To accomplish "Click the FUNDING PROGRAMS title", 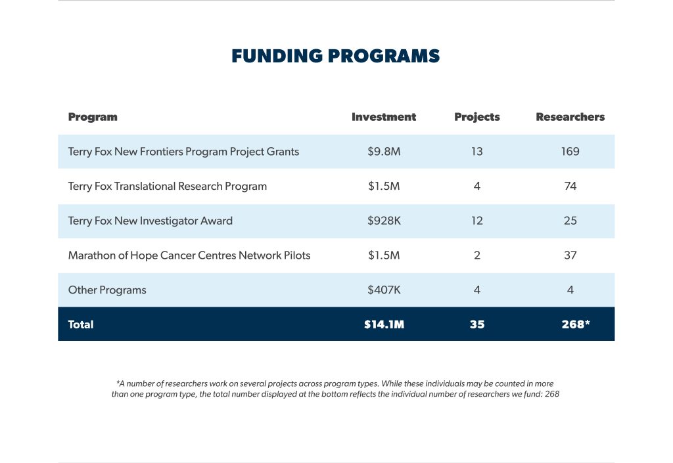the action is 336,56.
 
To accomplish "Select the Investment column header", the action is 384,117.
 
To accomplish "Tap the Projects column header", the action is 477,118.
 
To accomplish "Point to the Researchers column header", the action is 570,117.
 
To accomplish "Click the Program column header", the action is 93,118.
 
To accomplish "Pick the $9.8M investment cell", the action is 384,151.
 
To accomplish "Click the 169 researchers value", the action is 570,151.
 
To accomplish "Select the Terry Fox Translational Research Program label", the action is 168,187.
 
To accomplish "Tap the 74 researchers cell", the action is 570,186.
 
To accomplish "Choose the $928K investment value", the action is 384,221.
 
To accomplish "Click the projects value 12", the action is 477,221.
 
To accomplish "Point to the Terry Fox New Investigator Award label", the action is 151,221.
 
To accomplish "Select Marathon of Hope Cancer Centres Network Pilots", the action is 189,255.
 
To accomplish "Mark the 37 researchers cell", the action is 570,255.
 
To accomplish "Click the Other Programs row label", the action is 107,290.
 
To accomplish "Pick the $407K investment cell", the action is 384,290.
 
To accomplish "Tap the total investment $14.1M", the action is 384,324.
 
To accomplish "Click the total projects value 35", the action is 477,324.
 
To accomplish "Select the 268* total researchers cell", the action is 576,324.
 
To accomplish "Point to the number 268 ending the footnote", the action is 552,394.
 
